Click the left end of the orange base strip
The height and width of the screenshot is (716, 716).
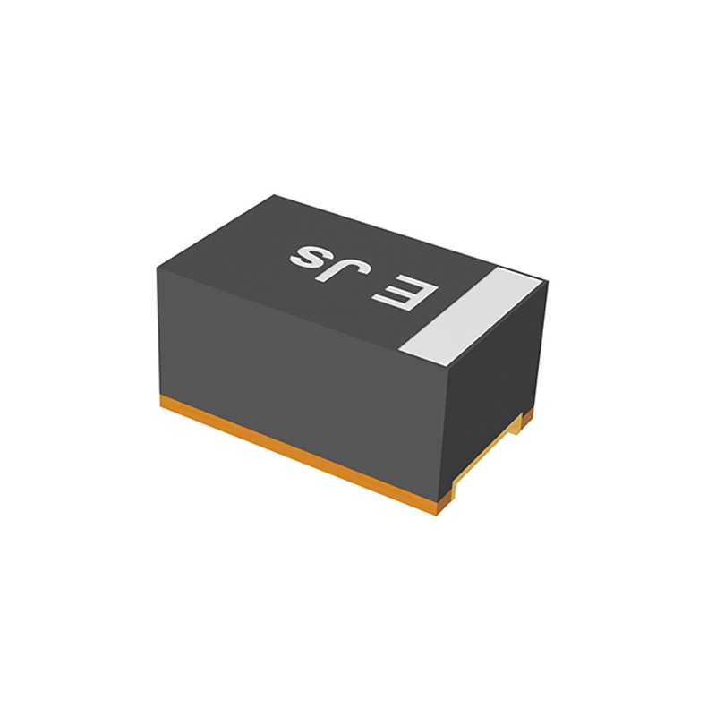click(x=165, y=405)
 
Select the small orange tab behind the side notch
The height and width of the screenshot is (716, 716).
click(x=527, y=413)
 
